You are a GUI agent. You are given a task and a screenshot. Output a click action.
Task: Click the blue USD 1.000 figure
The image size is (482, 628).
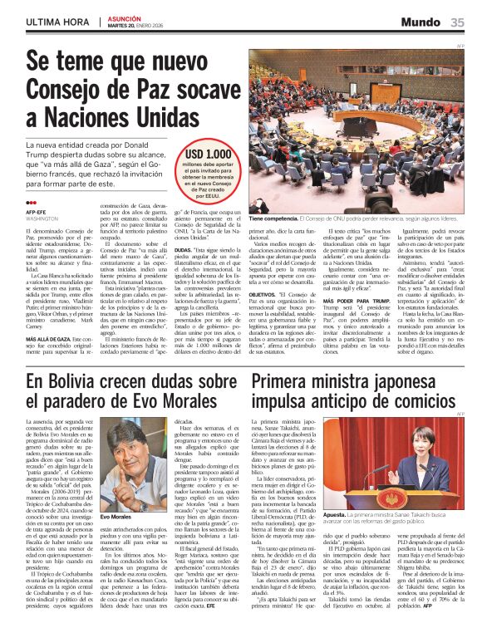pos(208,155)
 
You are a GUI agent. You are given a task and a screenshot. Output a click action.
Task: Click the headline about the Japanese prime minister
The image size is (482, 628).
pos(353,393)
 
